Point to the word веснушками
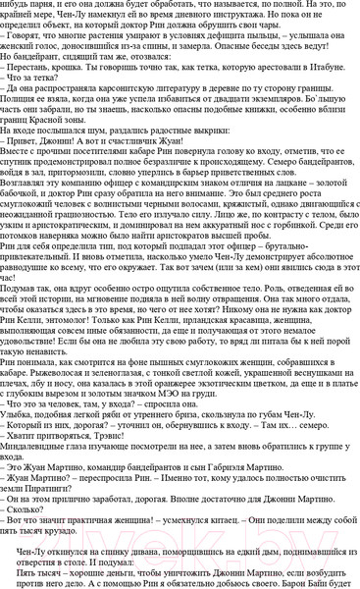pyautogui.click(x=292, y=371)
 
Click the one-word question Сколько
pyautogui.click(x=24, y=513)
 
